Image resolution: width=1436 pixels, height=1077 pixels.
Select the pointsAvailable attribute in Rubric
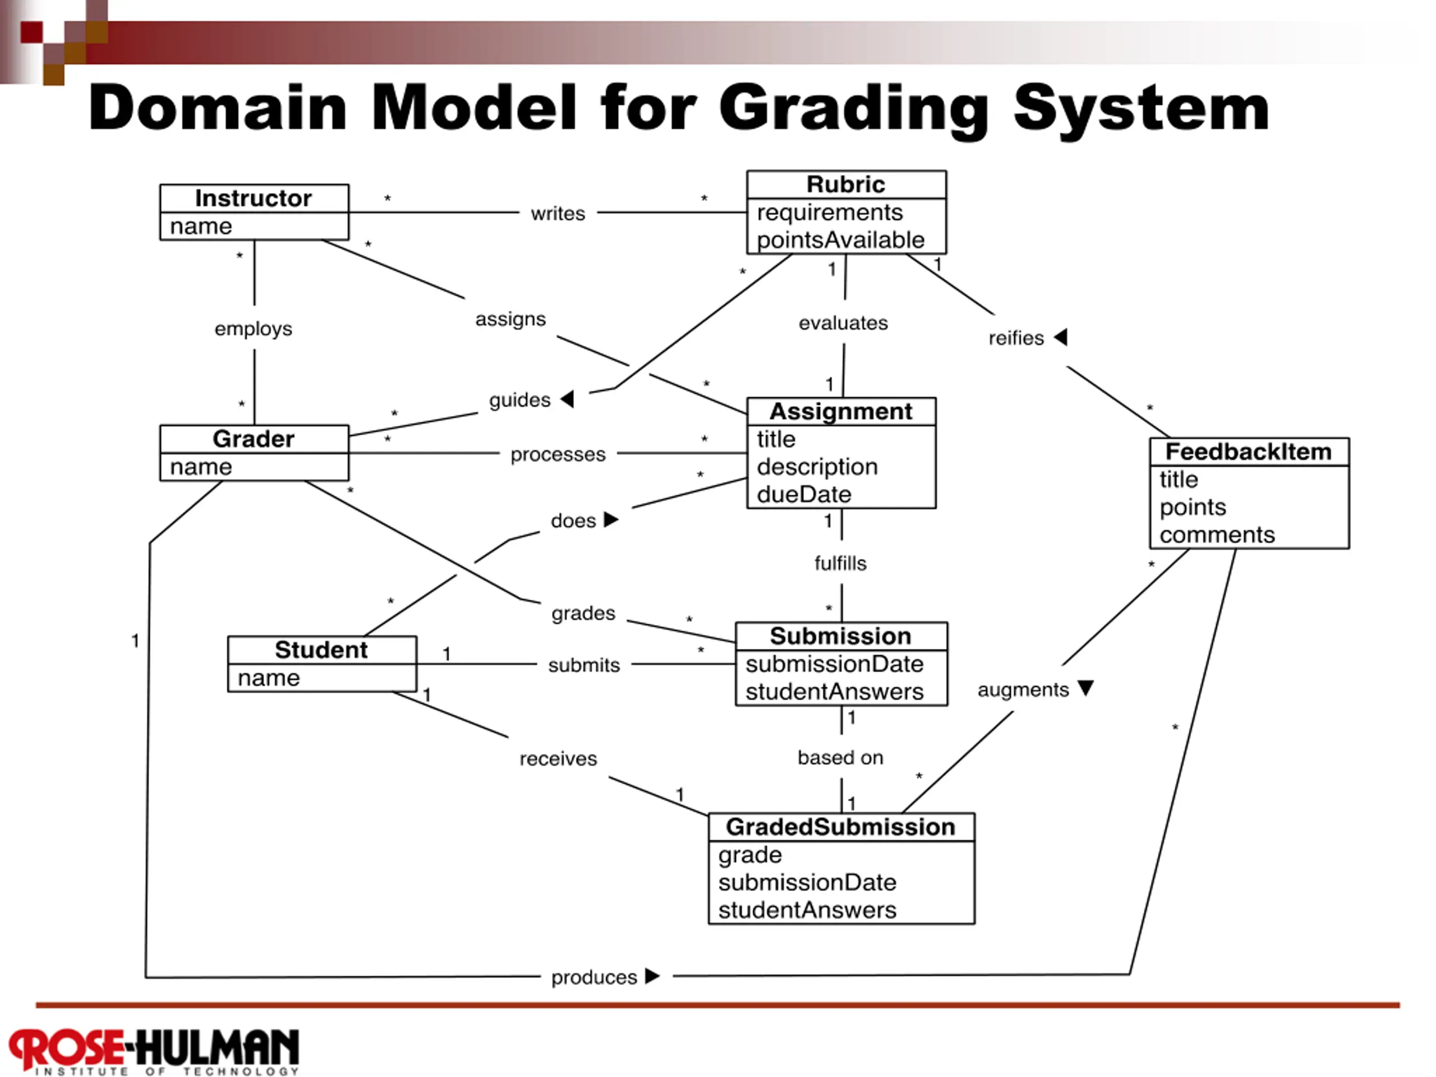coord(840,240)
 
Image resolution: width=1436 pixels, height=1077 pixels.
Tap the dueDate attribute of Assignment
coord(804,495)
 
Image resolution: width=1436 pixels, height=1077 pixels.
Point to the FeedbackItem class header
coord(1249,451)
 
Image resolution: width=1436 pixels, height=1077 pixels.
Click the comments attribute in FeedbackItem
coord(1217,535)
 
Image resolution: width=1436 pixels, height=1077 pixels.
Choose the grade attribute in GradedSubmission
coord(750,855)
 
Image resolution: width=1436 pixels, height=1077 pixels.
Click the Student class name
coord(321,649)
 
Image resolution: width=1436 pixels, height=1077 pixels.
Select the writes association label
coord(558,213)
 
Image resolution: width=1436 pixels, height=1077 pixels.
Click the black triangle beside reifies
coord(1061,337)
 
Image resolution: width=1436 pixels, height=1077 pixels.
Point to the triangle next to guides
coord(568,399)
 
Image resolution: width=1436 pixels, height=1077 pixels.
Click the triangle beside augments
coord(1085,688)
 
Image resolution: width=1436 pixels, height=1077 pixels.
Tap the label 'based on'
coord(841,758)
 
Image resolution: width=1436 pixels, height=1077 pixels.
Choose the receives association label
coord(558,758)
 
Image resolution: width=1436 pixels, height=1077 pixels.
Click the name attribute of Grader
coord(201,467)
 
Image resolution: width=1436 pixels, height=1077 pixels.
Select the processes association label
coord(558,454)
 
